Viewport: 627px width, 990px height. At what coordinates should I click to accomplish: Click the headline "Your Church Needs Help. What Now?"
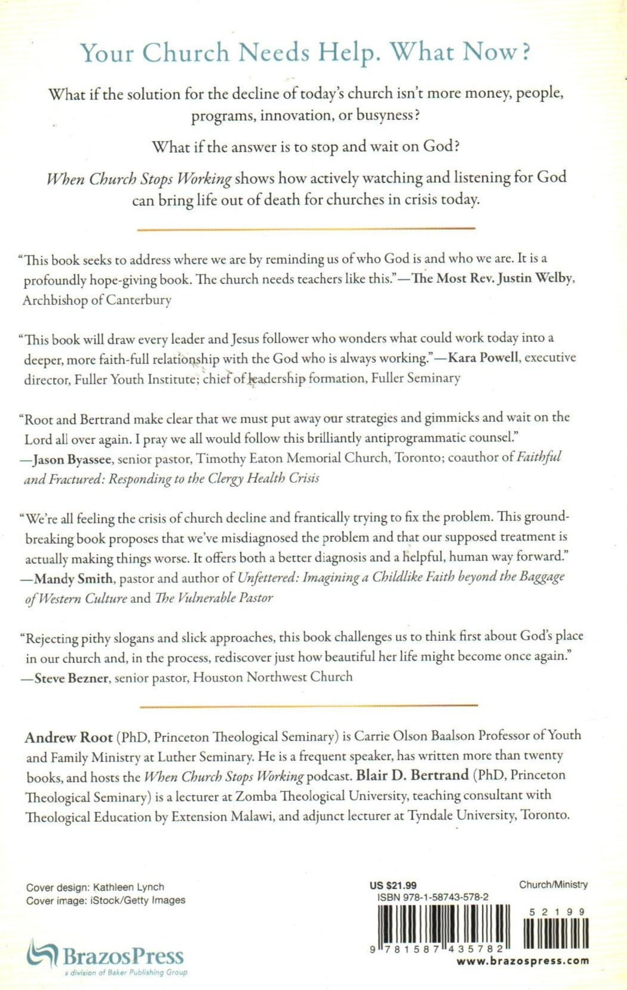[x=306, y=53]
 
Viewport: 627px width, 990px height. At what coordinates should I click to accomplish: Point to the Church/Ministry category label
[x=553, y=884]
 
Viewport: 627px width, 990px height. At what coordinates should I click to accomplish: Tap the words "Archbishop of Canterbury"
[x=97, y=300]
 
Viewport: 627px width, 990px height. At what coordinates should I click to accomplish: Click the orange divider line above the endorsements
[x=306, y=229]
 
